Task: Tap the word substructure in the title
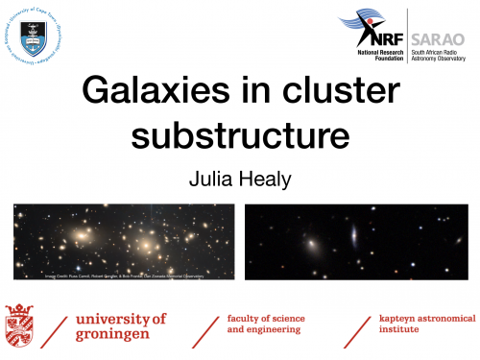[239, 133]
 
